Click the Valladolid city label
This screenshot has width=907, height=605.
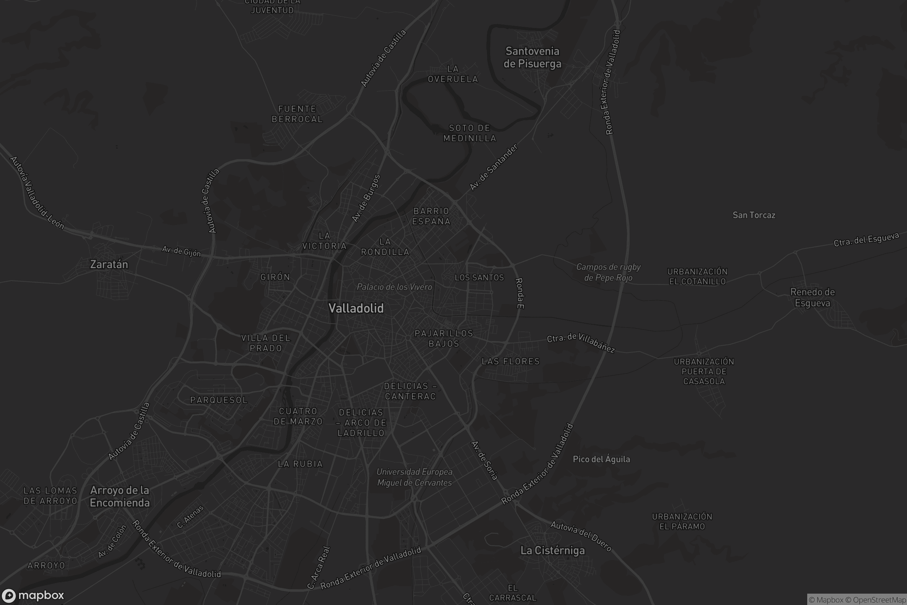(x=356, y=308)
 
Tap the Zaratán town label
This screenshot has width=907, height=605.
(x=109, y=264)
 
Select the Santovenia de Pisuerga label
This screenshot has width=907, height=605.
(x=532, y=57)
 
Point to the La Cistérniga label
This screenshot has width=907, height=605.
(x=552, y=550)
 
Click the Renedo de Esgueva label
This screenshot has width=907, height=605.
(x=813, y=298)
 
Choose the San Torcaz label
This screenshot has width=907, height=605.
(x=754, y=215)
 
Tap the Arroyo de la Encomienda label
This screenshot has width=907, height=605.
(x=119, y=496)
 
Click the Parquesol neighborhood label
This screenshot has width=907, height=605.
(x=219, y=400)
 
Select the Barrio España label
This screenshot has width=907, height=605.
(x=431, y=216)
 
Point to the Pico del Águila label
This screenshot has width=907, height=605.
(x=601, y=459)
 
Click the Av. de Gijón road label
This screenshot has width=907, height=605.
(x=181, y=251)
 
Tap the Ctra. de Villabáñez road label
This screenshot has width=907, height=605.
(x=580, y=342)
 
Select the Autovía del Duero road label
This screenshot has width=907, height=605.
(x=580, y=536)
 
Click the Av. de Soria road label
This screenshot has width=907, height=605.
(x=484, y=460)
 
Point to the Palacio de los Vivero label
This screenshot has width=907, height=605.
(x=394, y=287)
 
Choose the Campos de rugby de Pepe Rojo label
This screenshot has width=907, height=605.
(x=608, y=272)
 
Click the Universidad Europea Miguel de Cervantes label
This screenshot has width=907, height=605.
(x=414, y=477)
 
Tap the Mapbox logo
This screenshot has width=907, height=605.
(x=33, y=595)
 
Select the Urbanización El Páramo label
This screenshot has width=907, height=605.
(x=682, y=521)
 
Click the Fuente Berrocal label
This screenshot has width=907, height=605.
(x=297, y=114)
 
